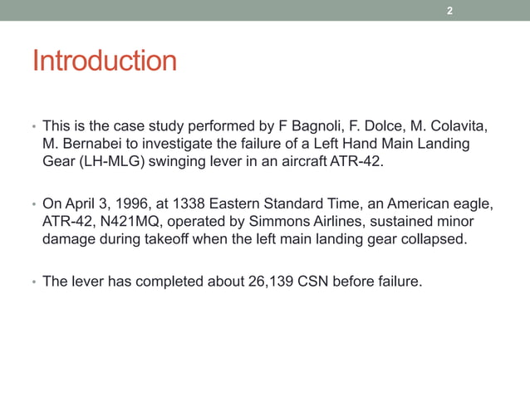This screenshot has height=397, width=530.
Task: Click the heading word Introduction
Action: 104,61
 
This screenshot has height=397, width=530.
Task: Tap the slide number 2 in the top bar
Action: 449,11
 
